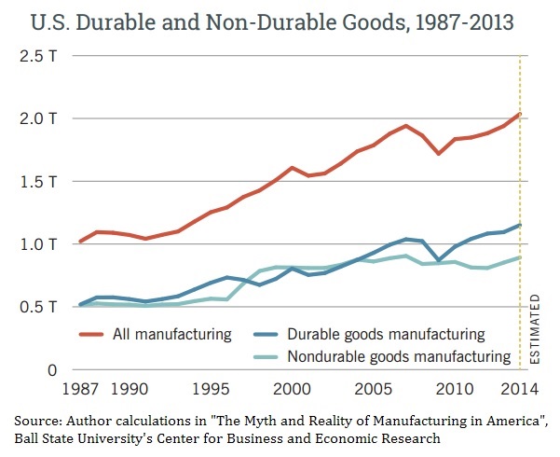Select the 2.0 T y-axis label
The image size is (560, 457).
click(x=38, y=118)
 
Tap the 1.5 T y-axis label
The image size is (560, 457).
click(x=38, y=181)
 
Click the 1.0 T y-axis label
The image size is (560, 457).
click(x=38, y=244)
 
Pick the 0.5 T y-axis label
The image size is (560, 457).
click(x=38, y=307)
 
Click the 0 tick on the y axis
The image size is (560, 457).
click(x=54, y=370)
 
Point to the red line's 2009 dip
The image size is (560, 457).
click(x=439, y=153)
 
